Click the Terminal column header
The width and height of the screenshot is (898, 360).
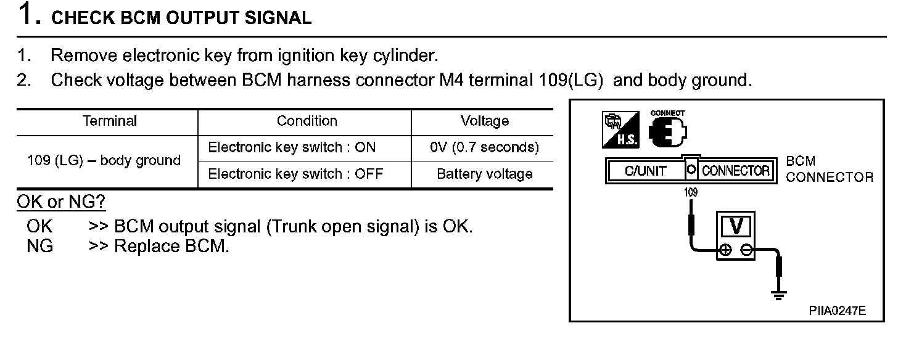point(110,121)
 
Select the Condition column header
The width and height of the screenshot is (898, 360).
point(307,121)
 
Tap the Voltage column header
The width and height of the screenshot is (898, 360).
point(484,121)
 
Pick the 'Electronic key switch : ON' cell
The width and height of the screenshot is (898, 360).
point(292,148)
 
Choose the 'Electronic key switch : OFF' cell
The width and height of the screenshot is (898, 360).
point(295,174)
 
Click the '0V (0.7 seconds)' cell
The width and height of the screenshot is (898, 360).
point(484,148)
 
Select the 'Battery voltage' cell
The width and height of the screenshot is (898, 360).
point(484,174)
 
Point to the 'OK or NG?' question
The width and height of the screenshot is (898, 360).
point(61,202)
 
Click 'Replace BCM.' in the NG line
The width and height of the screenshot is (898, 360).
point(171,247)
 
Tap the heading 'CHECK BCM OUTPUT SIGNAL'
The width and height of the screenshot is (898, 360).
point(181,18)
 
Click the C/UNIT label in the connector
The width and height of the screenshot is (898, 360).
point(645,171)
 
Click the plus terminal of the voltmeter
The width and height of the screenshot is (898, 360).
point(726,249)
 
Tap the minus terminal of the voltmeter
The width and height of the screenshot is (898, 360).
point(746,249)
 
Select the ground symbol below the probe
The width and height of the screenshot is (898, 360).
point(779,295)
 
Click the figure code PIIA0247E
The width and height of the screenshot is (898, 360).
point(837,311)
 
